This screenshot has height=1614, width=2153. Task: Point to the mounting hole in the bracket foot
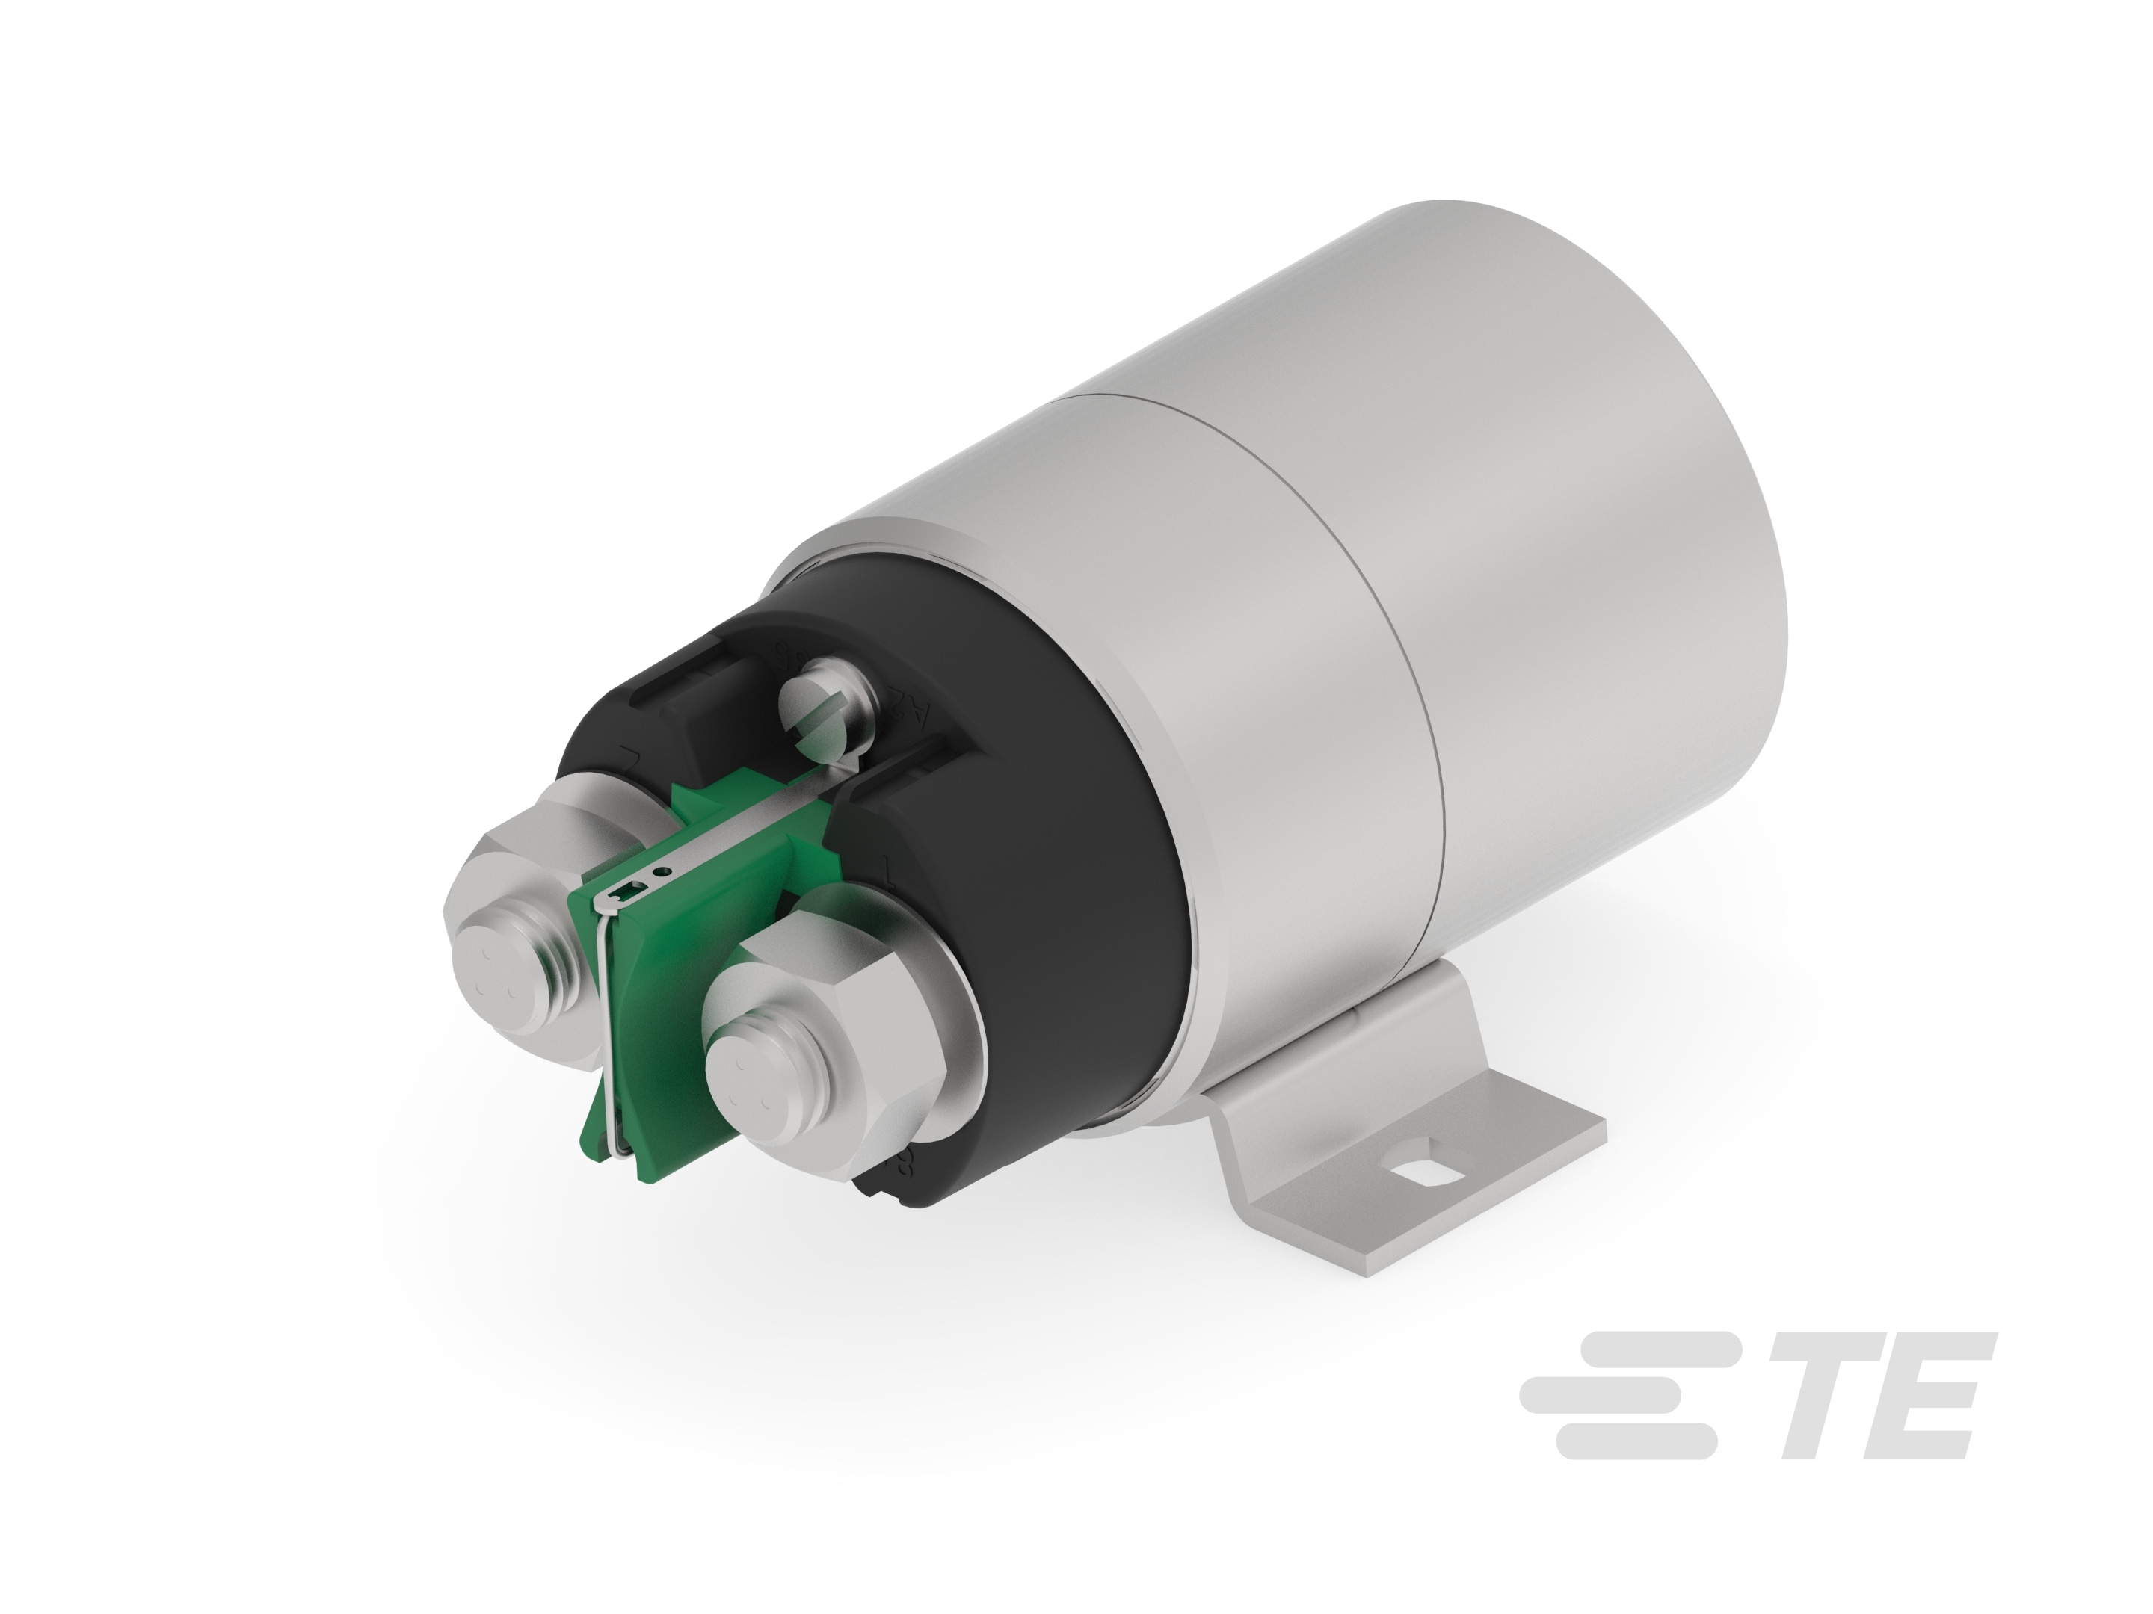coord(1428,1173)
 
